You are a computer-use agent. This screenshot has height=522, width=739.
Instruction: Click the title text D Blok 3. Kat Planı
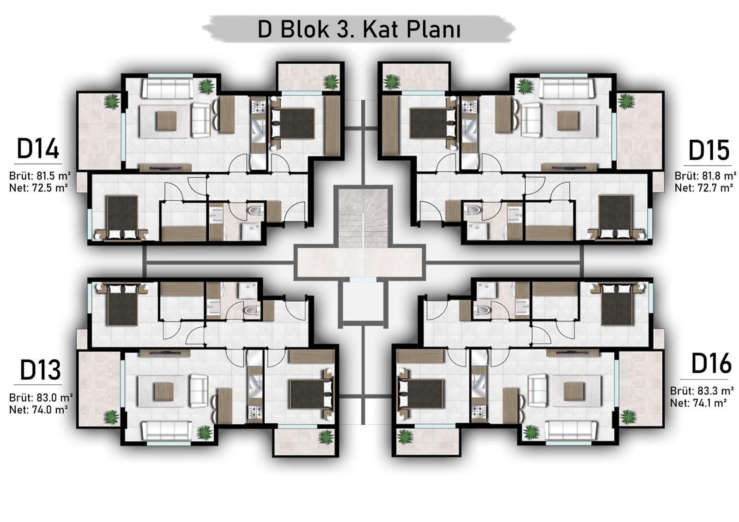pyautogui.click(x=359, y=30)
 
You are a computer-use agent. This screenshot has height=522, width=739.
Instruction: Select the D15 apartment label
pyautogui.click(x=709, y=150)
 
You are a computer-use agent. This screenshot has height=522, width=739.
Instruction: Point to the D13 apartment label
pyautogui.click(x=40, y=370)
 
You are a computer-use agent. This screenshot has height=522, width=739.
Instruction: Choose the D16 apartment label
pyautogui.click(x=711, y=363)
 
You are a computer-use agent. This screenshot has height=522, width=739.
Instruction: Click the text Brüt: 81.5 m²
pyautogui.click(x=40, y=176)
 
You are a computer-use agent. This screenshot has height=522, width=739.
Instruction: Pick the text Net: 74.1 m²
pyautogui.click(x=698, y=402)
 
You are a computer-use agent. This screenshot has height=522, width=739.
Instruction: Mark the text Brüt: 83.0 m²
pyautogui.click(x=41, y=397)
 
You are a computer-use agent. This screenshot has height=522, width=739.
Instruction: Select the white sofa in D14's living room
pyautogui.click(x=167, y=88)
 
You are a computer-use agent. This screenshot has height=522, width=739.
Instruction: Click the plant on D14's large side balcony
pyautogui.click(x=111, y=101)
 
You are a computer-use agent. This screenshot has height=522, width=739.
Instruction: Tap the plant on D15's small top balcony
pyautogui.click(x=392, y=82)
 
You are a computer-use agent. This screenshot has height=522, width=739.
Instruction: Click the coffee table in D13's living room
pyautogui.click(x=164, y=391)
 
